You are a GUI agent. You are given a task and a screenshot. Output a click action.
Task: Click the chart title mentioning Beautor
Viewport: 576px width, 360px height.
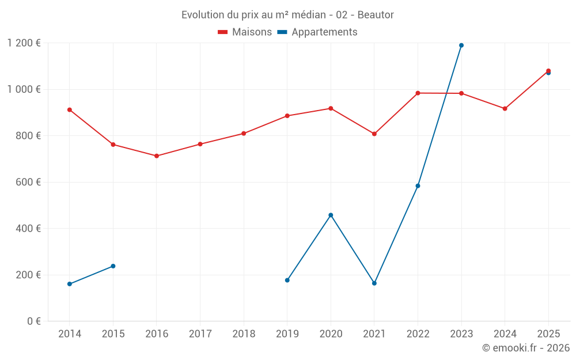pos(287,14)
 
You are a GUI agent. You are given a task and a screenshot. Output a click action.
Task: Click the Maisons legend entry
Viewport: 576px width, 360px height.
pos(245,32)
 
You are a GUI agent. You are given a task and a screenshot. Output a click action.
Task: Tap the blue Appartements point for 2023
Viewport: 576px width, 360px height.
pos(461,46)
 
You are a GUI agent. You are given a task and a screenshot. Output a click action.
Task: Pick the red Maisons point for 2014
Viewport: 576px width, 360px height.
pos(70,109)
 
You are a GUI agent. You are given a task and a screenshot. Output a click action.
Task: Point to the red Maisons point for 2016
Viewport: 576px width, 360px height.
pos(157,156)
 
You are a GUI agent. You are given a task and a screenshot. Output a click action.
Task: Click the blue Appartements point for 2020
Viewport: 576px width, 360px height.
pos(331,215)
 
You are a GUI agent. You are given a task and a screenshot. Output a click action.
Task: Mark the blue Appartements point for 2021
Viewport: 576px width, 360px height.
pos(374,283)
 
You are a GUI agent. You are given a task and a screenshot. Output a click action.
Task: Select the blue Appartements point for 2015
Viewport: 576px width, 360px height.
pos(113,266)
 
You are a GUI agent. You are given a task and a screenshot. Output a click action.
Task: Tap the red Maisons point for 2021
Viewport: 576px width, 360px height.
pos(374,134)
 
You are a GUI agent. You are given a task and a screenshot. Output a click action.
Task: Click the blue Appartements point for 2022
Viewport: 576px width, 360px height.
pos(418,186)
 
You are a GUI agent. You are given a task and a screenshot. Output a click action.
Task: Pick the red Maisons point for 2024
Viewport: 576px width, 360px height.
pos(505,109)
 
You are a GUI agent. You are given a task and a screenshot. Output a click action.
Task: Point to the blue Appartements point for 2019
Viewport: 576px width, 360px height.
pos(287,280)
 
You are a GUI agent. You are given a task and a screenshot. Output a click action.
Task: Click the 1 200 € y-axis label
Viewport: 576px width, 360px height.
pos(24,43)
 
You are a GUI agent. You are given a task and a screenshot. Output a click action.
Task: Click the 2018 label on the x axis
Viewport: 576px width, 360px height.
pos(244,334)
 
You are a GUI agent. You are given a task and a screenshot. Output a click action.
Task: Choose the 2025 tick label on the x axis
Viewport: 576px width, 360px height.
pos(548,334)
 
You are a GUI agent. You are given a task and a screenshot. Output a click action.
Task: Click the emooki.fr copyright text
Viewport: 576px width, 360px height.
pos(526,348)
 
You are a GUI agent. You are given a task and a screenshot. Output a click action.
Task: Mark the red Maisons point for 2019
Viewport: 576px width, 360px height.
pos(287,116)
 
